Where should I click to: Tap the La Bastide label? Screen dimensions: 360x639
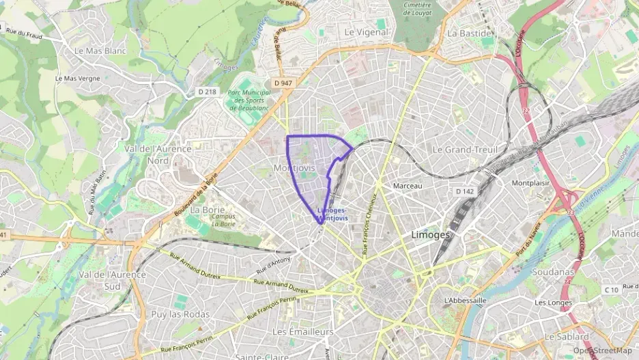tap(469, 33)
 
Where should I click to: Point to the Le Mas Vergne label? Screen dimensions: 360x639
tap(77, 79)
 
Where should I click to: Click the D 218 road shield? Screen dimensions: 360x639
tap(207, 92)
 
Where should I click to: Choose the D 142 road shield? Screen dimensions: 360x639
tap(465, 192)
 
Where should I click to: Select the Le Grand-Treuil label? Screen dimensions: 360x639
tap(466, 149)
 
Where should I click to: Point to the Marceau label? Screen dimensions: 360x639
tap(409, 186)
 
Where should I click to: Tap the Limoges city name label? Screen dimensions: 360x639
tap(431, 234)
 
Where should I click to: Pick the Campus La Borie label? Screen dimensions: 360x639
tap(223, 220)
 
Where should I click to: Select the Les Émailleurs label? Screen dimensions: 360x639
tap(302, 331)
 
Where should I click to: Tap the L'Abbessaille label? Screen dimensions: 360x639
tap(464, 301)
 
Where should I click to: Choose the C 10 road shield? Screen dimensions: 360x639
tap(610, 290)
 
